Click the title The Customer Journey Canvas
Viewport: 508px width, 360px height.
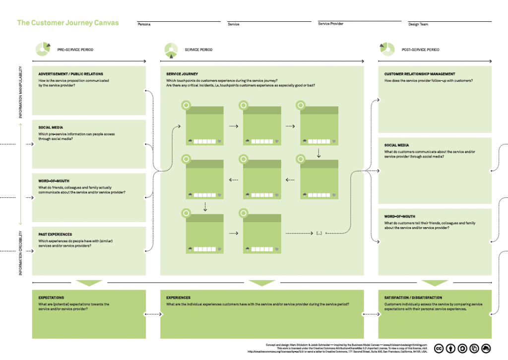[x=68, y=23]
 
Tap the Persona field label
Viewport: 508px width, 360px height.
[x=144, y=24]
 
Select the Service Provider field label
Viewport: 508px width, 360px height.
[x=330, y=24]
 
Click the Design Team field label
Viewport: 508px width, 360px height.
[x=418, y=24]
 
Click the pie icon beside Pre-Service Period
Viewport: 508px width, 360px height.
[x=43, y=49]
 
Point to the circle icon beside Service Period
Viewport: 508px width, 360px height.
[x=171, y=49]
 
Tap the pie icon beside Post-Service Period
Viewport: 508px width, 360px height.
[x=387, y=49]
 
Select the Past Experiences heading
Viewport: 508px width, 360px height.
[x=55, y=234]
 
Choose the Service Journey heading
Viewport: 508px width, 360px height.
[x=182, y=74]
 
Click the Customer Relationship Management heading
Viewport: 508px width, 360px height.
[x=419, y=74]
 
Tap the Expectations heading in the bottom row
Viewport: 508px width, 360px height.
[x=52, y=298]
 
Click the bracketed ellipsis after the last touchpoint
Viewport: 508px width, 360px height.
[x=319, y=233]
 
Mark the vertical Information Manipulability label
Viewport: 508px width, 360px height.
[x=21, y=93]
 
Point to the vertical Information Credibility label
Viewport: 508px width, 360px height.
[x=21, y=253]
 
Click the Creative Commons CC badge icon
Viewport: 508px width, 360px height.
[x=439, y=349]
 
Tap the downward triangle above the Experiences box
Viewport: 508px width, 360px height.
[x=261, y=283]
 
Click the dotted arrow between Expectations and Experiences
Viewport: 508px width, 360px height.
[x=153, y=314]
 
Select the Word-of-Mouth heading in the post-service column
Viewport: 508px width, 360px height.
[x=400, y=216]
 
